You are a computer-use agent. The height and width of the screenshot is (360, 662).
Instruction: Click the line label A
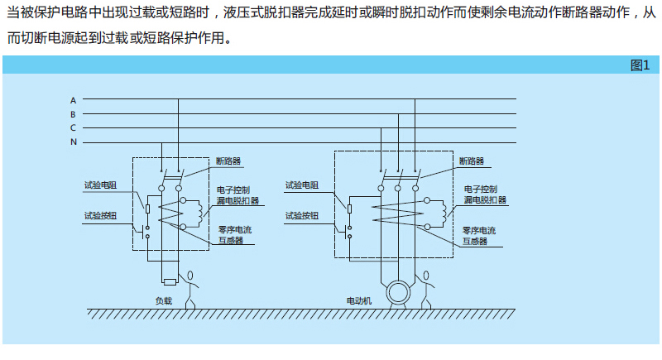coord(73,99)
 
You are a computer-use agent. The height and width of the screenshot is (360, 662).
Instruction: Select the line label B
coord(73,113)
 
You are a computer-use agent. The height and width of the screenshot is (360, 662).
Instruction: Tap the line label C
coord(73,127)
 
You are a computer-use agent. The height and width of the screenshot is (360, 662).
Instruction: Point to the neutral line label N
coord(73,142)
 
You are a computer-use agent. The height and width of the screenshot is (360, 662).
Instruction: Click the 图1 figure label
coord(640,65)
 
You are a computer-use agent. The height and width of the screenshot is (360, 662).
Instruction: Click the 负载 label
coord(164,300)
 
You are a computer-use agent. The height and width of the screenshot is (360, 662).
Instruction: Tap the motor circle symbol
coord(399,291)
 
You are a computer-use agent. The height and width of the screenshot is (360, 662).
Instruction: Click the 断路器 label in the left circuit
coord(229,161)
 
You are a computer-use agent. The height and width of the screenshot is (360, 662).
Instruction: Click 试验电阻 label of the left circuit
coord(100,185)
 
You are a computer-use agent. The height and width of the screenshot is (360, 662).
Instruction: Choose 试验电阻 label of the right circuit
coord(302,185)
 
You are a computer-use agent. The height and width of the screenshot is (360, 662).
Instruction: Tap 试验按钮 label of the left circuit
coord(100,215)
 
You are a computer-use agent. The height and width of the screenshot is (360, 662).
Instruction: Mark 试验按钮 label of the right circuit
coord(302,215)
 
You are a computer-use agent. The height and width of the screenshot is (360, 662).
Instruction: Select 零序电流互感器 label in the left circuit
coord(235,236)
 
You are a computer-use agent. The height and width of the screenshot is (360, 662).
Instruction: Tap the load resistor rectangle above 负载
coord(170,282)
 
